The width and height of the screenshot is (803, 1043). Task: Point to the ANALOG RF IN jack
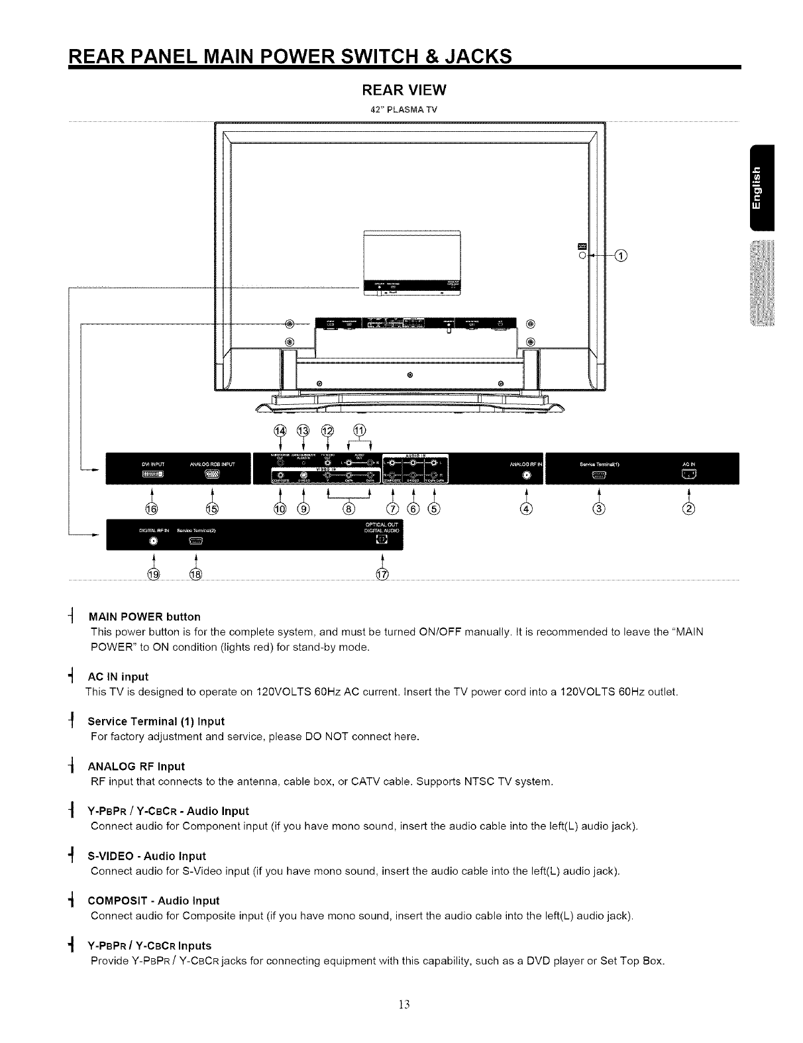tap(526, 475)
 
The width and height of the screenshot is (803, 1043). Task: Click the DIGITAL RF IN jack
tap(153, 541)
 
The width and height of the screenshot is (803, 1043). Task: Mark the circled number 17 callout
tap(382, 573)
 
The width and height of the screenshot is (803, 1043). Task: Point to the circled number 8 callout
tap(348, 509)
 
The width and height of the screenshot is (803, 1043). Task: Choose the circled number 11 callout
tap(360, 429)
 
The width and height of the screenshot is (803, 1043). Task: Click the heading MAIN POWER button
tap(144, 617)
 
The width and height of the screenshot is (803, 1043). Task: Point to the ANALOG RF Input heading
tap(136, 767)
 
